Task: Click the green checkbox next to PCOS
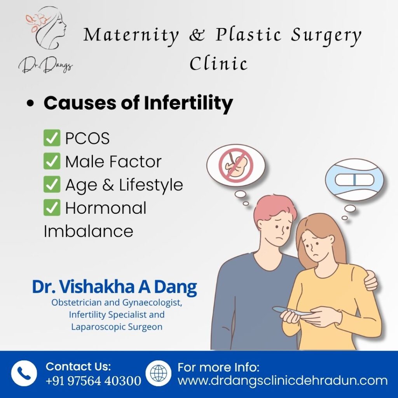click(52, 138)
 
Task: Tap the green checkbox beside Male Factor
click(52, 161)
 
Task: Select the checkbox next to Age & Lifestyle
click(52, 184)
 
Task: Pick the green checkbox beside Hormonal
click(52, 208)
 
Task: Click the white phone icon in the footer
click(24, 373)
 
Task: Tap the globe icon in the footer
click(159, 373)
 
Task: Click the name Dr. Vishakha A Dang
click(114, 287)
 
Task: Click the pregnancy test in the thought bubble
click(354, 180)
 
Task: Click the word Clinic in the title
click(218, 63)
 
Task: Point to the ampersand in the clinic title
click(197, 35)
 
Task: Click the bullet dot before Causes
click(30, 103)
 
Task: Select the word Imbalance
click(88, 231)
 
